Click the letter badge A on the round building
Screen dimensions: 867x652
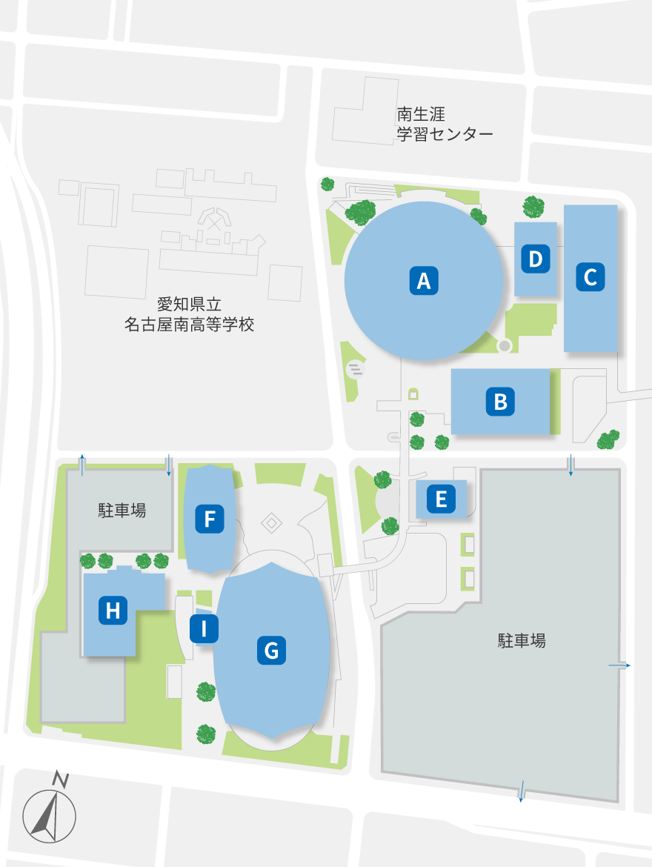[424, 281]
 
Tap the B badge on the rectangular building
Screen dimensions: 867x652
[500, 401]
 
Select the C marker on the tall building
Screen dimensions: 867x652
[591, 277]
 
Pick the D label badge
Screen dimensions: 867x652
[536, 259]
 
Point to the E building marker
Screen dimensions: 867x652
[441, 499]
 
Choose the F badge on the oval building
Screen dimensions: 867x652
[209, 519]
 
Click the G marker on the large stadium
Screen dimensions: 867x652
[271, 651]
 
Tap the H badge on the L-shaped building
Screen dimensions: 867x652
[113, 611]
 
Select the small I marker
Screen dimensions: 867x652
[204, 628]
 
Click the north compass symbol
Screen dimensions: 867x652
[50, 814]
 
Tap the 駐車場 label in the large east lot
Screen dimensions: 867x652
[522, 641]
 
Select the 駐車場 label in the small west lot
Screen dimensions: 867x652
[122, 510]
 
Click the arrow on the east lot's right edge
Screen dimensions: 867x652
[620, 665]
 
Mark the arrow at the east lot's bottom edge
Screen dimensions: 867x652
[522, 791]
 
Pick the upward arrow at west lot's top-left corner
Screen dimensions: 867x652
[81, 461]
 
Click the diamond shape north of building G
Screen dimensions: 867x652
[272, 523]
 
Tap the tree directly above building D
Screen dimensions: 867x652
[533, 205]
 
